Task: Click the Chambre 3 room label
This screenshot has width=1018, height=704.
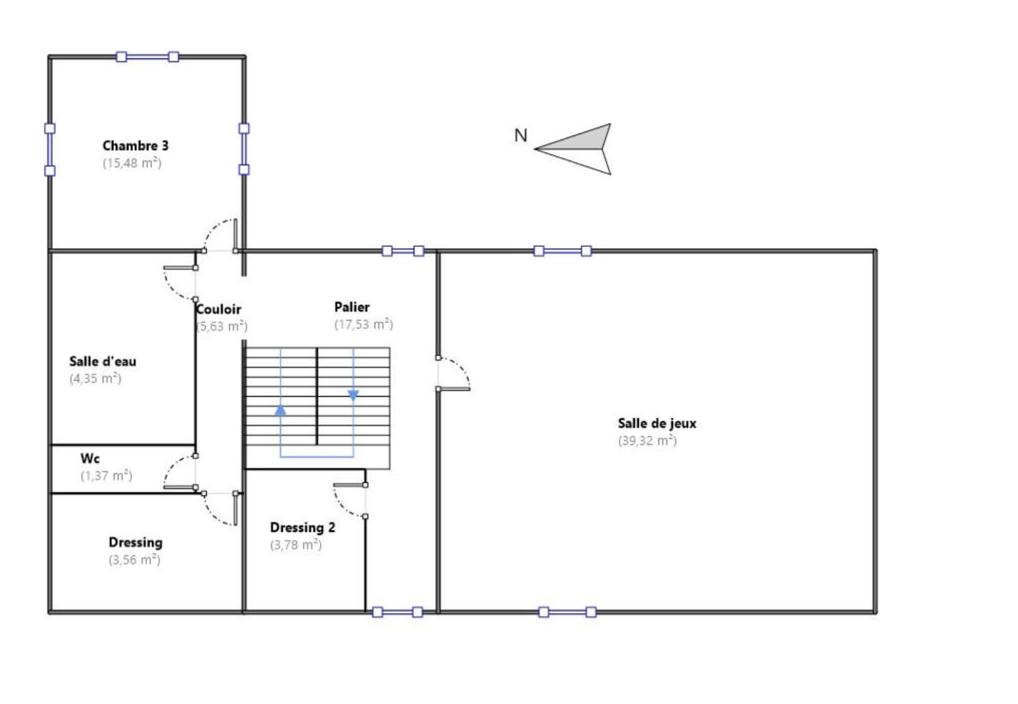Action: click(x=136, y=146)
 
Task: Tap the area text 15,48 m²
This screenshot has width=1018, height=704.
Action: click(x=132, y=163)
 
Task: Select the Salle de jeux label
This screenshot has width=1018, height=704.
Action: click(x=657, y=424)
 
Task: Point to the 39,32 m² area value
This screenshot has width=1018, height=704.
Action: click(x=647, y=441)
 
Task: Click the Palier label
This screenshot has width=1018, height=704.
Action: click(x=352, y=307)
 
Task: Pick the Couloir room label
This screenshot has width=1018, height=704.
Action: click(x=218, y=309)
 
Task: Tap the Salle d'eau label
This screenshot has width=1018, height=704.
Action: click(x=102, y=361)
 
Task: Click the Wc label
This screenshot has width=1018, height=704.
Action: click(x=90, y=459)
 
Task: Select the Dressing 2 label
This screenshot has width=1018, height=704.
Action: click(x=302, y=528)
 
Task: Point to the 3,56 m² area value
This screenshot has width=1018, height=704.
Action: click(x=134, y=560)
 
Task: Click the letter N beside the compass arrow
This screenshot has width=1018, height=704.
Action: click(x=521, y=135)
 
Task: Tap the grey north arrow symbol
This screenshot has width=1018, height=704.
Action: click(x=573, y=149)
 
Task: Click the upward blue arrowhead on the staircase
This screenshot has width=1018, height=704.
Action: click(x=281, y=410)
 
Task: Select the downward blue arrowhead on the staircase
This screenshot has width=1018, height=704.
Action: click(x=354, y=395)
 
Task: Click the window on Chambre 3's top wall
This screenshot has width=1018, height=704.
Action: click(x=148, y=57)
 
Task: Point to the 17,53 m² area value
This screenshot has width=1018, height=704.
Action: click(x=363, y=324)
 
